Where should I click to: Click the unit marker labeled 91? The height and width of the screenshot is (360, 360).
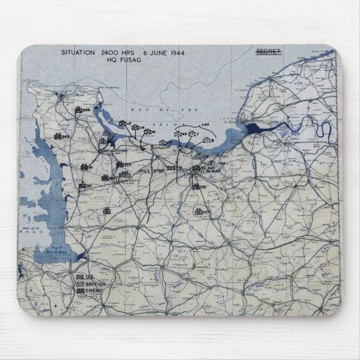coord(84,167)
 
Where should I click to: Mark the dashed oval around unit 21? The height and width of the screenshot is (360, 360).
coord(199,212)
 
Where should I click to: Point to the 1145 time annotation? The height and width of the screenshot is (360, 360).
coord(206,125)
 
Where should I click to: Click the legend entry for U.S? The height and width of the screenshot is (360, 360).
coord(86,277)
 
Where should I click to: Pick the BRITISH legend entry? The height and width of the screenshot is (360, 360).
coord(90,284)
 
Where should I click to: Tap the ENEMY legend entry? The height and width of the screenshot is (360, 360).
coord(89,291)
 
